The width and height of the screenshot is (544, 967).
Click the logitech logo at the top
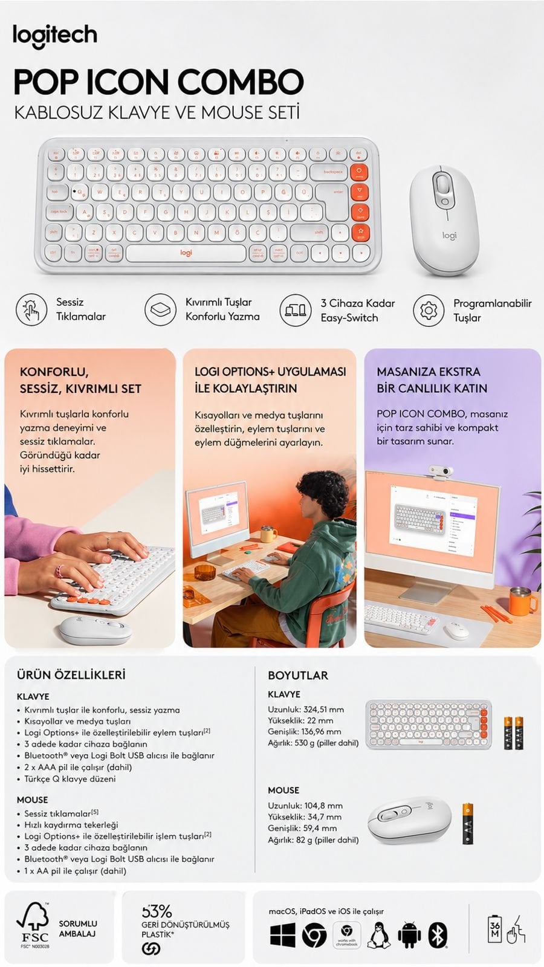(55, 36)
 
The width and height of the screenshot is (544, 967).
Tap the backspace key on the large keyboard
(331, 172)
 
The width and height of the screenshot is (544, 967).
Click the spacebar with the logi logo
(186, 253)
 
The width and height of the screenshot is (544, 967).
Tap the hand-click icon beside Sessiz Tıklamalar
(31, 309)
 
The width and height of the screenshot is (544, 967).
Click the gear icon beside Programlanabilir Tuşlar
(428, 310)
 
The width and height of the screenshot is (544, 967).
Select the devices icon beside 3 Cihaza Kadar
(295, 310)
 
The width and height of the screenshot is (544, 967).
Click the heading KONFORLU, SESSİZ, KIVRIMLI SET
(80, 380)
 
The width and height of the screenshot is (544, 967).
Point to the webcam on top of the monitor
(441, 471)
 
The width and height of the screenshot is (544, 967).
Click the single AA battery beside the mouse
(467, 823)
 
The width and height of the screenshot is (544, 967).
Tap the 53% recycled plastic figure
(157, 911)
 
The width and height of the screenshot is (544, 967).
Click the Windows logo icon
(282, 935)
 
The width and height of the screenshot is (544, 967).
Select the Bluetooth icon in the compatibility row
(438, 935)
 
